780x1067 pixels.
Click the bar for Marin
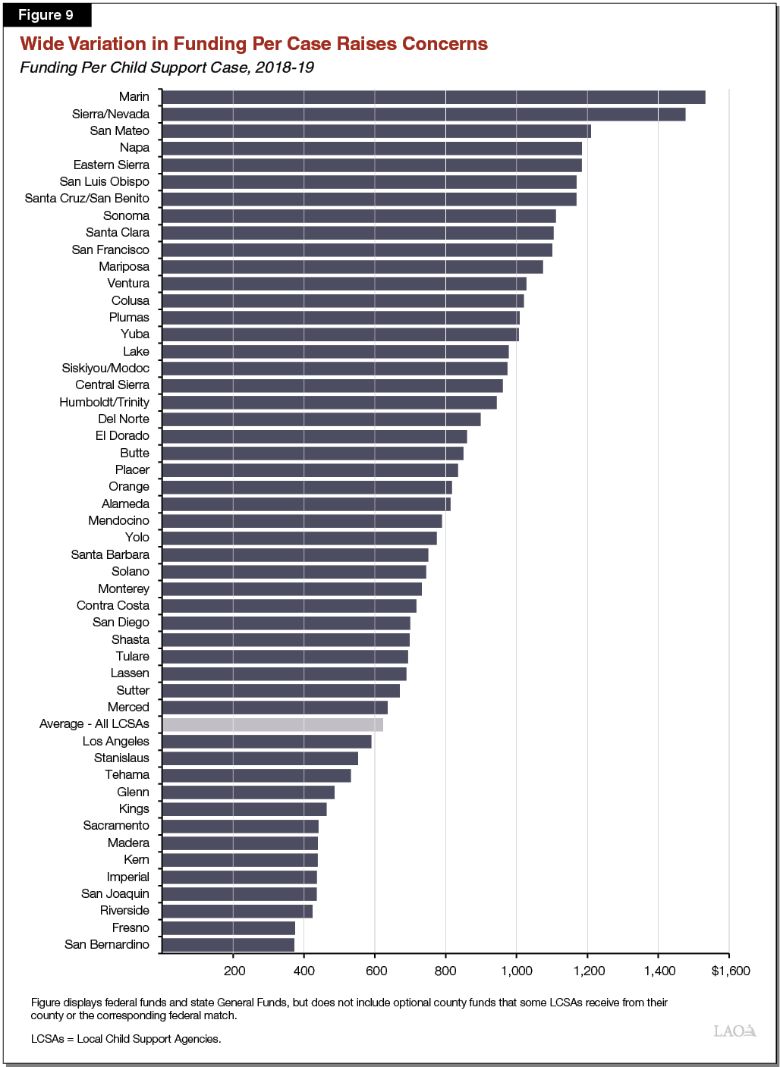click(x=433, y=97)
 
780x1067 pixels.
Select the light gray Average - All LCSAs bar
click(x=272, y=724)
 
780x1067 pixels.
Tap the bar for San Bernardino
click(x=228, y=945)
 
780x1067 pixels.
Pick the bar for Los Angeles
click(x=266, y=742)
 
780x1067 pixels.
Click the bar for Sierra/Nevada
click(x=423, y=115)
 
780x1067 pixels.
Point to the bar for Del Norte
click(x=321, y=419)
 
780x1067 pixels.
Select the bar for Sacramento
click(x=240, y=827)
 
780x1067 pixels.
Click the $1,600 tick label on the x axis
click(x=730, y=971)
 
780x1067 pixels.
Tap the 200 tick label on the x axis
click(x=234, y=971)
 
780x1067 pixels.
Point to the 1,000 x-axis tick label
click(x=516, y=971)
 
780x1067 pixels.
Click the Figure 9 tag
click(x=46, y=15)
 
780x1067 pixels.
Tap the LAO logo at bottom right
click(x=734, y=1031)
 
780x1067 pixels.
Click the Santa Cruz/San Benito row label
click(x=87, y=199)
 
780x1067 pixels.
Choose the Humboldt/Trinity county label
click(x=105, y=402)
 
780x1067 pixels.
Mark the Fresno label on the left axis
click(x=131, y=928)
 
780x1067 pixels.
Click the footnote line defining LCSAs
click(x=126, y=1039)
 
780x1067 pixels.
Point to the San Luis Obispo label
click(x=105, y=182)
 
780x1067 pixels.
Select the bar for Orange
click(x=307, y=487)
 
